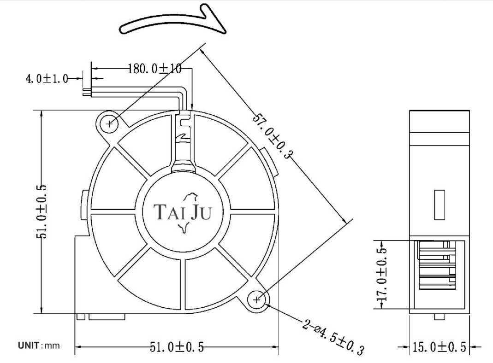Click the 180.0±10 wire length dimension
click(154, 69)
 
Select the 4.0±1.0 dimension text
click(47, 78)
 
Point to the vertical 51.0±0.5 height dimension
click(42, 212)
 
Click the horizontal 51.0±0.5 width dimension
click(176, 347)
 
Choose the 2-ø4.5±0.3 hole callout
click(333, 337)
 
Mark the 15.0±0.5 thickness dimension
click(439, 347)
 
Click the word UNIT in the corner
click(28, 346)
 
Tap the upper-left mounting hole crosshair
click(109, 124)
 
